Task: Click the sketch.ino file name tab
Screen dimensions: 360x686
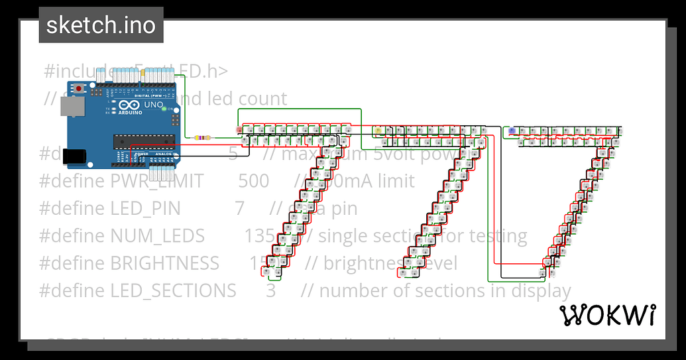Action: click(x=101, y=25)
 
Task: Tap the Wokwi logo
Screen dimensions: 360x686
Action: click(x=608, y=316)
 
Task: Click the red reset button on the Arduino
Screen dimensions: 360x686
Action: click(x=80, y=88)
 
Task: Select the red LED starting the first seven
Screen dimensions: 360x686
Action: click(x=239, y=129)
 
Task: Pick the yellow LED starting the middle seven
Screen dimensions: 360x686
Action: click(x=378, y=130)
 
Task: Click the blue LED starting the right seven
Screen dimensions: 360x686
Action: click(x=512, y=131)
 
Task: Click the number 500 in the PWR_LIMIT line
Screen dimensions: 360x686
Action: click(x=253, y=181)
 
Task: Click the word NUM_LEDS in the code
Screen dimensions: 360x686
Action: click(x=157, y=236)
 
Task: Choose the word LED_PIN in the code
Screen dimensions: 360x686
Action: click(x=145, y=208)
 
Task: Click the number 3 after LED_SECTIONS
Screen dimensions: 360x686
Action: click(x=270, y=290)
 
